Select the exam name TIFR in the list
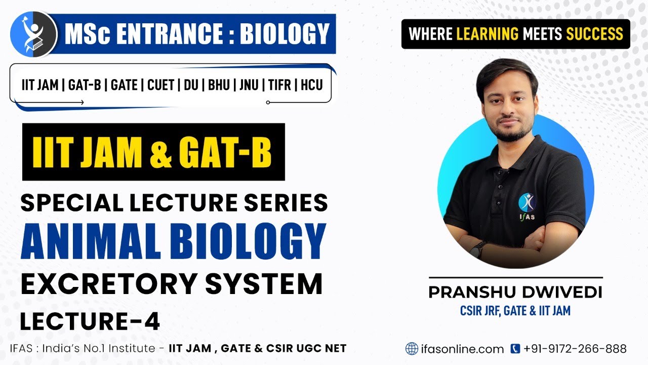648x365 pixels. click(x=279, y=85)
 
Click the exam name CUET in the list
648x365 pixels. click(x=160, y=85)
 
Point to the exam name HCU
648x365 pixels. click(x=311, y=85)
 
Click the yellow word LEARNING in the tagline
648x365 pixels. click(x=487, y=34)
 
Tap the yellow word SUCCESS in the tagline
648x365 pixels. click(x=594, y=34)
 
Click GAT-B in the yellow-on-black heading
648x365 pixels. click(x=225, y=152)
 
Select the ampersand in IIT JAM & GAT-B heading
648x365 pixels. click(x=161, y=152)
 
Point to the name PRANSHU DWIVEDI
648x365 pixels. click(x=515, y=293)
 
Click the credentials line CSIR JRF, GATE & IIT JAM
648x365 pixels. click(x=515, y=310)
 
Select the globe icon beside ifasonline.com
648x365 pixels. click(x=412, y=349)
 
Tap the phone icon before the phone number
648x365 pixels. click(x=515, y=349)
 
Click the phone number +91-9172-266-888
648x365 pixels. click(x=575, y=349)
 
